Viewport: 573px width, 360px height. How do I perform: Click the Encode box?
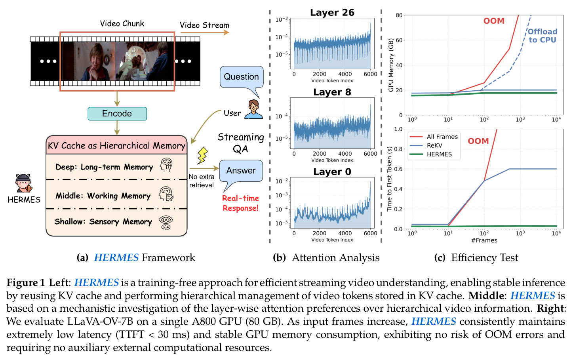coord(117,114)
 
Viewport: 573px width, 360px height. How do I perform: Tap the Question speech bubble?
coord(242,77)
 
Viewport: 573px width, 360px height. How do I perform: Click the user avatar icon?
coord(253,109)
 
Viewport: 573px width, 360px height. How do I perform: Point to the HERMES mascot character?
coord(23,183)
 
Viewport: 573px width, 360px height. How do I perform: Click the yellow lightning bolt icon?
coord(202,156)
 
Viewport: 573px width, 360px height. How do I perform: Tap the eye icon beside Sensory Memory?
coord(166,223)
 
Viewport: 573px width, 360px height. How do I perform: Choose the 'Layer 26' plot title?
coord(332,12)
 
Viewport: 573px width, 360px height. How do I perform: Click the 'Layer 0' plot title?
coord(332,171)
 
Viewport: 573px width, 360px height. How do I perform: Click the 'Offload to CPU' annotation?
coord(542,36)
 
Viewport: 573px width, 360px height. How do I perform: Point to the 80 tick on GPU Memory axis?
coord(399,15)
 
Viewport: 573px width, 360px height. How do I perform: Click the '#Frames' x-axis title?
coord(484,240)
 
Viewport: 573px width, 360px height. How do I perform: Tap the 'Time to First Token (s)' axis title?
coord(389,179)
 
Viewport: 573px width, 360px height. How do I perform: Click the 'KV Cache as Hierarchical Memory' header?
coord(116,146)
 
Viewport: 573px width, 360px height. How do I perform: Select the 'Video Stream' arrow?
coord(205,32)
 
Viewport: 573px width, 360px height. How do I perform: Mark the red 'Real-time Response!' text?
coord(240,203)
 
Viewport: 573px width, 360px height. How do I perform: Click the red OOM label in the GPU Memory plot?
coord(494,21)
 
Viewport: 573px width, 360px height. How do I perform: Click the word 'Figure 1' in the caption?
coord(26,283)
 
